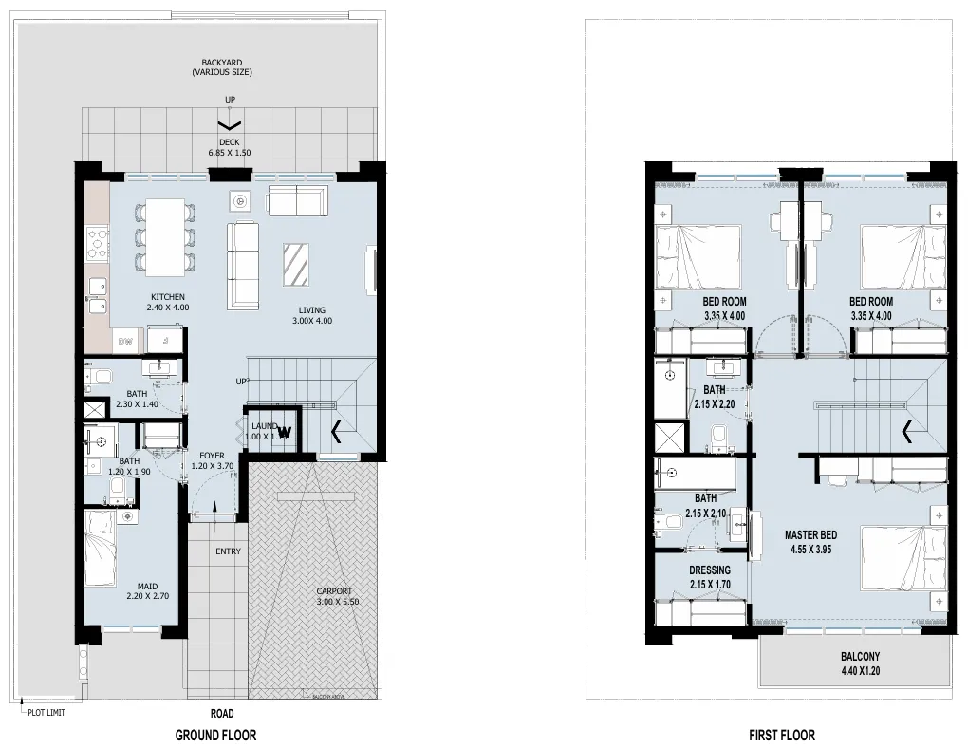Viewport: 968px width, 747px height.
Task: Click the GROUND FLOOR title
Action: click(215, 735)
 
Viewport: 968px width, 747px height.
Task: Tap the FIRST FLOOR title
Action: click(781, 735)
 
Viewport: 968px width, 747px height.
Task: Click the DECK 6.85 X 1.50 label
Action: click(230, 147)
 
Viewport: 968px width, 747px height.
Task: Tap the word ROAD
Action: click(222, 713)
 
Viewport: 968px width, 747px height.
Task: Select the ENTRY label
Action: click(228, 551)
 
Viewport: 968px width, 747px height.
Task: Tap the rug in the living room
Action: click(295, 264)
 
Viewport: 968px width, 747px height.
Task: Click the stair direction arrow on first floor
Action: click(908, 433)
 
